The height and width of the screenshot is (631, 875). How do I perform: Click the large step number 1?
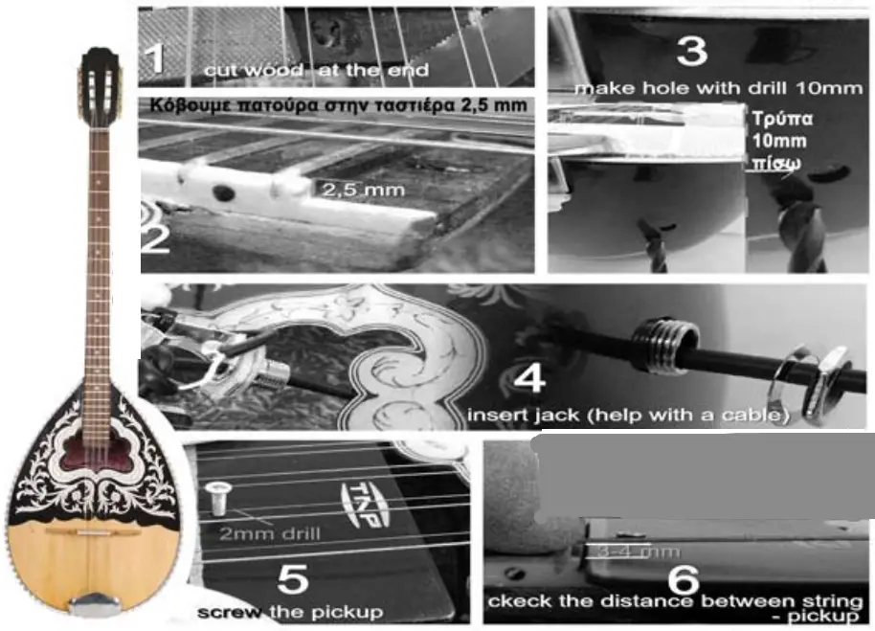(x=153, y=57)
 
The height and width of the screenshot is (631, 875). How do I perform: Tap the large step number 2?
(x=155, y=236)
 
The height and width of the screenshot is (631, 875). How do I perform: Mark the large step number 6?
(x=682, y=578)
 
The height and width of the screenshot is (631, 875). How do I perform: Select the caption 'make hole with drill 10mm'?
(x=718, y=87)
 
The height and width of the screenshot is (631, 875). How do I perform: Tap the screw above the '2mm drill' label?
(x=217, y=498)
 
